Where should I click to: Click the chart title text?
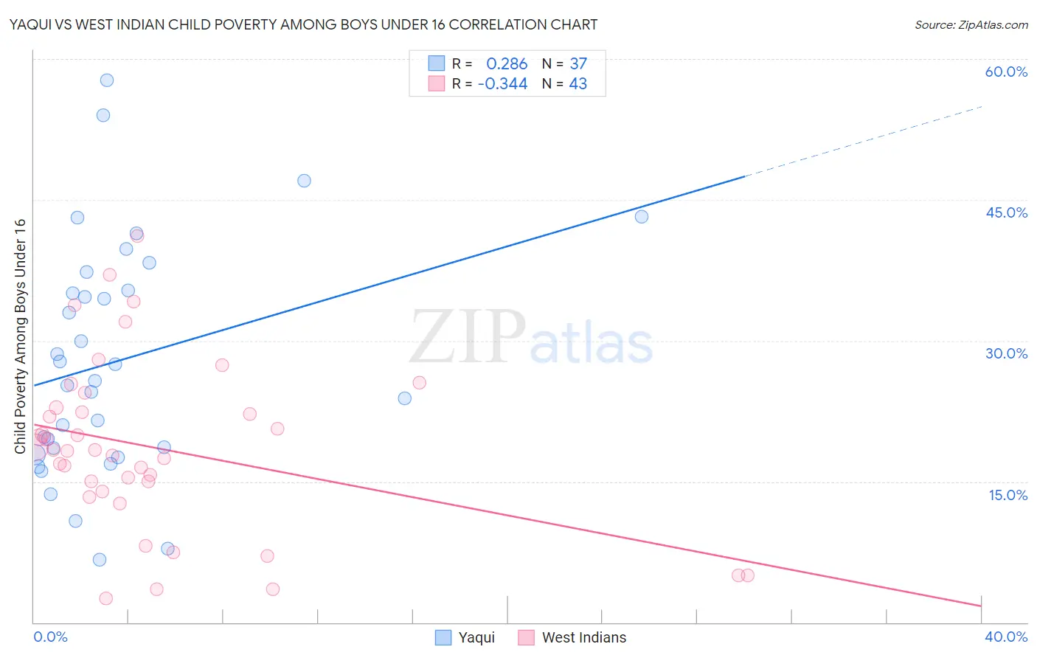[x=303, y=24]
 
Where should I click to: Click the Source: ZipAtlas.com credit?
[x=971, y=25]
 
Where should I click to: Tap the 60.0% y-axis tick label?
[x=1006, y=72]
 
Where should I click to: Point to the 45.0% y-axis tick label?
[x=1006, y=212]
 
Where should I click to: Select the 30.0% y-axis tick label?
[x=1006, y=353]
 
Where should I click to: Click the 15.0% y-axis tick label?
[x=1007, y=495]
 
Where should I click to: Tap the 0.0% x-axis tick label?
[x=50, y=637]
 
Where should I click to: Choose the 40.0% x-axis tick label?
[x=1005, y=637]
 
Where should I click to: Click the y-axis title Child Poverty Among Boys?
[x=20, y=336]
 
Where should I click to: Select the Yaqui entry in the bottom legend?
[x=476, y=637]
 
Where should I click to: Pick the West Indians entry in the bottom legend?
[x=583, y=637]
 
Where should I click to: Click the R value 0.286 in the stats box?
[x=507, y=64]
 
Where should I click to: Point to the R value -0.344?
[x=502, y=84]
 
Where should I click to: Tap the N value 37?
[x=578, y=64]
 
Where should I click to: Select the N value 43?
[x=578, y=84]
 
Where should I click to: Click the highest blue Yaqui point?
[x=107, y=80]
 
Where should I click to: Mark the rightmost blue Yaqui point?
[x=642, y=217]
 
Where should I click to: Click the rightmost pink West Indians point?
[x=748, y=575]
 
